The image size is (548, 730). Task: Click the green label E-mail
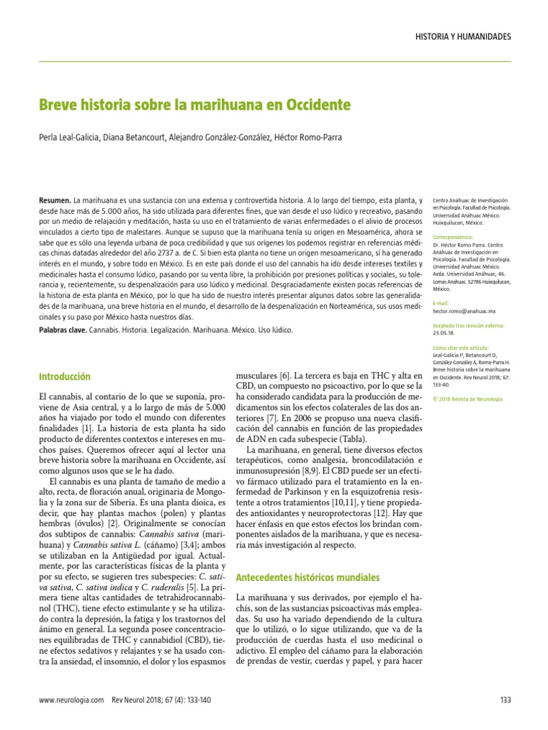(442, 304)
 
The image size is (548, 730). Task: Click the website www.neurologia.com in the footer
(71, 701)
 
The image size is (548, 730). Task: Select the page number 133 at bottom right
(506, 701)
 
